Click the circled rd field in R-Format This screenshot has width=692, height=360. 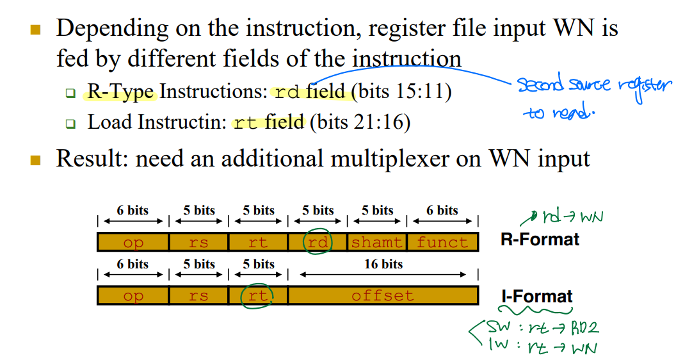(318, 242)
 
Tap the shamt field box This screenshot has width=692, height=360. (376, 242)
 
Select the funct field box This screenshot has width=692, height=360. (442, 242)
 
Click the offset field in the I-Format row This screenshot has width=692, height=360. (382, 296)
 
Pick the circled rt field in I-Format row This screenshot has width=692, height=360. (257, 296)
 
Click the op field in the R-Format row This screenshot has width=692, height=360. (133, 242)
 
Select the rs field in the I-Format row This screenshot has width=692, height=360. (198, 296)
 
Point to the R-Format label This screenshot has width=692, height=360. (540, 240)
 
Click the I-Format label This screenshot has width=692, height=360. (537, 297)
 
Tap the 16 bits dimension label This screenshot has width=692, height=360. (383, 264)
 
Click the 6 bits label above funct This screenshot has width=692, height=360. (442, 210)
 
